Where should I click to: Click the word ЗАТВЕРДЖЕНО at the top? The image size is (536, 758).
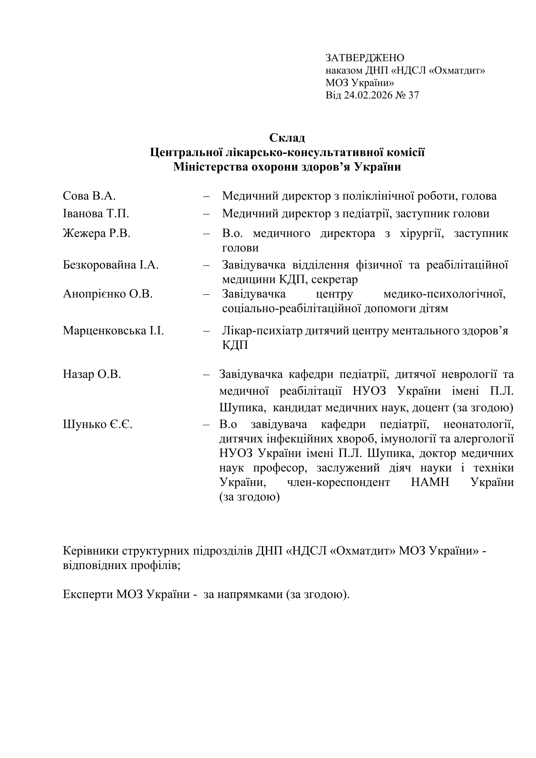click(x=365, y=58)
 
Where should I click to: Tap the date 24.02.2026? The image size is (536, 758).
click(x=367, y=96)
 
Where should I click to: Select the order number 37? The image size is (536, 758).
click(x=413, y=96)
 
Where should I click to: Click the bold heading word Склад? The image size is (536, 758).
click(x=287, y=138)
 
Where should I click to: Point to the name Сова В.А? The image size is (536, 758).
click(x=89, y=196)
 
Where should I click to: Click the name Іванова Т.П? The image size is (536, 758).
click(x=96, y=214)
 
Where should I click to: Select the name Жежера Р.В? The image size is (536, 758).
click(x=96, y=233)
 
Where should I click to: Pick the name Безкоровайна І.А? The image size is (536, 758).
click(x=111, y=265)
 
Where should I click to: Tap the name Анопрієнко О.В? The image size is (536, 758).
click(x=108, y=294)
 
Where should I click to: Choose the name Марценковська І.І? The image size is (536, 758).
click(x=113, y=331)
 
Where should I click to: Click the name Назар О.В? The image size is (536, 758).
click(x=92, y=374)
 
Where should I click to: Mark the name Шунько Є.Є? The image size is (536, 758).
click(x=98, y=425)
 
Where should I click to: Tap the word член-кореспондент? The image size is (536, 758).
click(x=338, y=482)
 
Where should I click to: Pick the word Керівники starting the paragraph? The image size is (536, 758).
click(x=91, y=551)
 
